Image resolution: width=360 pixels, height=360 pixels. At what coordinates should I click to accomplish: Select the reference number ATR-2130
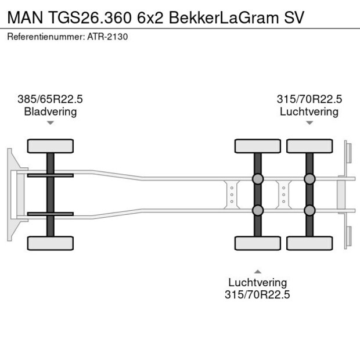[x=109, y=37]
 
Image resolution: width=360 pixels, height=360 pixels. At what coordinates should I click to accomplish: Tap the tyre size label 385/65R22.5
[x=51, y=99]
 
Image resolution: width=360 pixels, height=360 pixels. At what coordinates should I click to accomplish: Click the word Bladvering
[x=51, y=111]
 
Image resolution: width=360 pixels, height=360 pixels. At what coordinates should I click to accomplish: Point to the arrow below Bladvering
[x=51, y=123]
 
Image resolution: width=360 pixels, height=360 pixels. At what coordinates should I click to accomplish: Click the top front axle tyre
[x=51, y=146]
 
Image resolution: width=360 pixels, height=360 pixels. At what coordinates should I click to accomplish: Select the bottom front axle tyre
[x=51, y=243]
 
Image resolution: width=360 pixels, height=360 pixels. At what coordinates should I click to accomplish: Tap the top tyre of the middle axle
[x=257, y=146]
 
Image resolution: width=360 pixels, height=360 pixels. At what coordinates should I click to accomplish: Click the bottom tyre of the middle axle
[x=257, y=243]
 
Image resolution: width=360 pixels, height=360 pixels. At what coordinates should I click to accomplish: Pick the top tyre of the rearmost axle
[x=309, y=146]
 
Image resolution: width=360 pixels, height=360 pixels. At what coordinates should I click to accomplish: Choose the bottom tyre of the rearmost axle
[x=309, y=243]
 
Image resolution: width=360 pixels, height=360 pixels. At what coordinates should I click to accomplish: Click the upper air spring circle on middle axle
[x=257, y=179]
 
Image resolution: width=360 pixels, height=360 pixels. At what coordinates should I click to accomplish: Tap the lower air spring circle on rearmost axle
[x=309, y=210]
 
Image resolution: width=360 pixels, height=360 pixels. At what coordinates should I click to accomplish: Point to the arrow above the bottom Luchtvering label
[x=257, y=271]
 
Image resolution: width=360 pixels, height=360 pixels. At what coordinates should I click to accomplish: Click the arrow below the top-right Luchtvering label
[x=309, y=123]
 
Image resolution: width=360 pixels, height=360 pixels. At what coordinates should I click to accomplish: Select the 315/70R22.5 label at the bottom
[x=257, y=295]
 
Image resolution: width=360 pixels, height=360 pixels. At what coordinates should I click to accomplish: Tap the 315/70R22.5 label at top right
[x=309, y=99]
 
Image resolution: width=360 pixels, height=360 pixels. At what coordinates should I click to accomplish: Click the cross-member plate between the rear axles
[x=283, y=195]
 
